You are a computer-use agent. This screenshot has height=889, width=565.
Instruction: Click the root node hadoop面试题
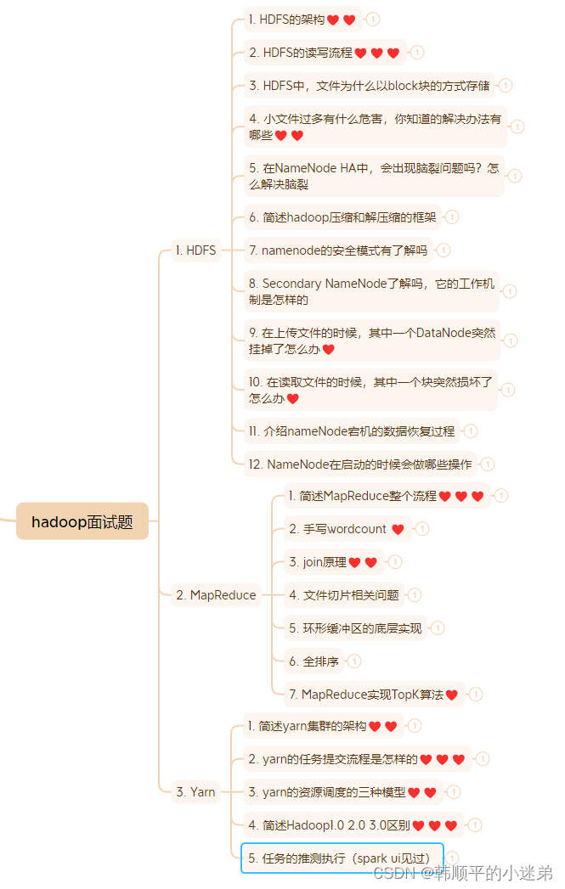point(82,521)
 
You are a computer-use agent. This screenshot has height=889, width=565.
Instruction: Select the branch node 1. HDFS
point(195,250)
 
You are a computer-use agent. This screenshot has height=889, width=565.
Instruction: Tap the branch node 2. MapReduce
point(216,595)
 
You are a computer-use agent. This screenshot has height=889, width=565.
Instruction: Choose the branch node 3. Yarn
point(195,792)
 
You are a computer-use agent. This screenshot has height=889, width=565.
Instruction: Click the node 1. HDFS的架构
point(302,20)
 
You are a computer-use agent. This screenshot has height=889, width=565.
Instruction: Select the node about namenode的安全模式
point(337,250)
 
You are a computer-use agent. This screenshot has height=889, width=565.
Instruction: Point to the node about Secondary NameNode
point(370,291)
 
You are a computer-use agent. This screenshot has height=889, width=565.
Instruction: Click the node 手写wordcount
point(347,529)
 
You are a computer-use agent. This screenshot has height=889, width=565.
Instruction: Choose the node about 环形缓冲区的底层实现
point(355,628)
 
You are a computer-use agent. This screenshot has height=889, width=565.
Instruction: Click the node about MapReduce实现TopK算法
point(375,695)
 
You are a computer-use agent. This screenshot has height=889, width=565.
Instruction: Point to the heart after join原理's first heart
point(371,562)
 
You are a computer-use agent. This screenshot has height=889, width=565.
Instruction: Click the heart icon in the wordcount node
point(398,529)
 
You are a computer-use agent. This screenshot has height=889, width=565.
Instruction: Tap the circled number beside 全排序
point(354,661)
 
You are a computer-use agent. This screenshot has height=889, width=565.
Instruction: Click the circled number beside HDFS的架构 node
point(372,19)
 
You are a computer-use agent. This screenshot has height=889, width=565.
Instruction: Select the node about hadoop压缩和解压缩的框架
point(342,217)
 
